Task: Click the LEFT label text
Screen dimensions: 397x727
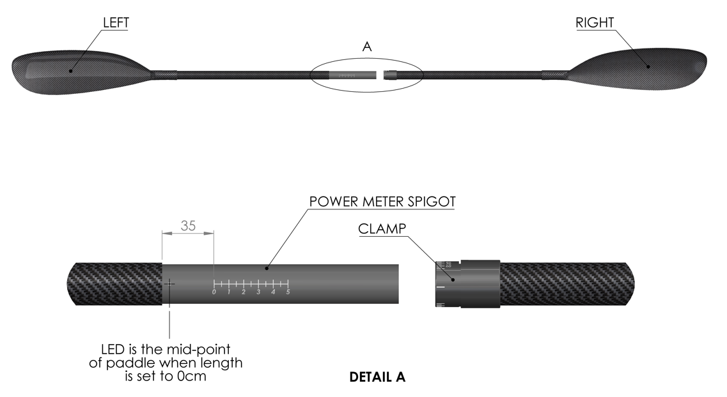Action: point(116,22)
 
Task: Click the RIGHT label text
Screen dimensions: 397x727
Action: point(595,22)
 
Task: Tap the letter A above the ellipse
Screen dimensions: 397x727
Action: point(366,47)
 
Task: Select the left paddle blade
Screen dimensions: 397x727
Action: point(70,71)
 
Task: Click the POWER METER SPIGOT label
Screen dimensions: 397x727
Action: point(382,201)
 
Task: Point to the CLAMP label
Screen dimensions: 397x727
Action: point(382,228)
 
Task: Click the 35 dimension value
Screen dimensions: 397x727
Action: point(188,225)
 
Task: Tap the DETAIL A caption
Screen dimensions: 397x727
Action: point(377,377)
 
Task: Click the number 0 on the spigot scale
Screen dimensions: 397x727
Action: point(214,292)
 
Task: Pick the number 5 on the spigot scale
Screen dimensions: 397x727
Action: point(288,292)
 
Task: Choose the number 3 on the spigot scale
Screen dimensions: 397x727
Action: point(258,292)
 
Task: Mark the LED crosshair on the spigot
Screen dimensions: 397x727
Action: point(169,283)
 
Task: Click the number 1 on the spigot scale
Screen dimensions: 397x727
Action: point(229,292)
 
